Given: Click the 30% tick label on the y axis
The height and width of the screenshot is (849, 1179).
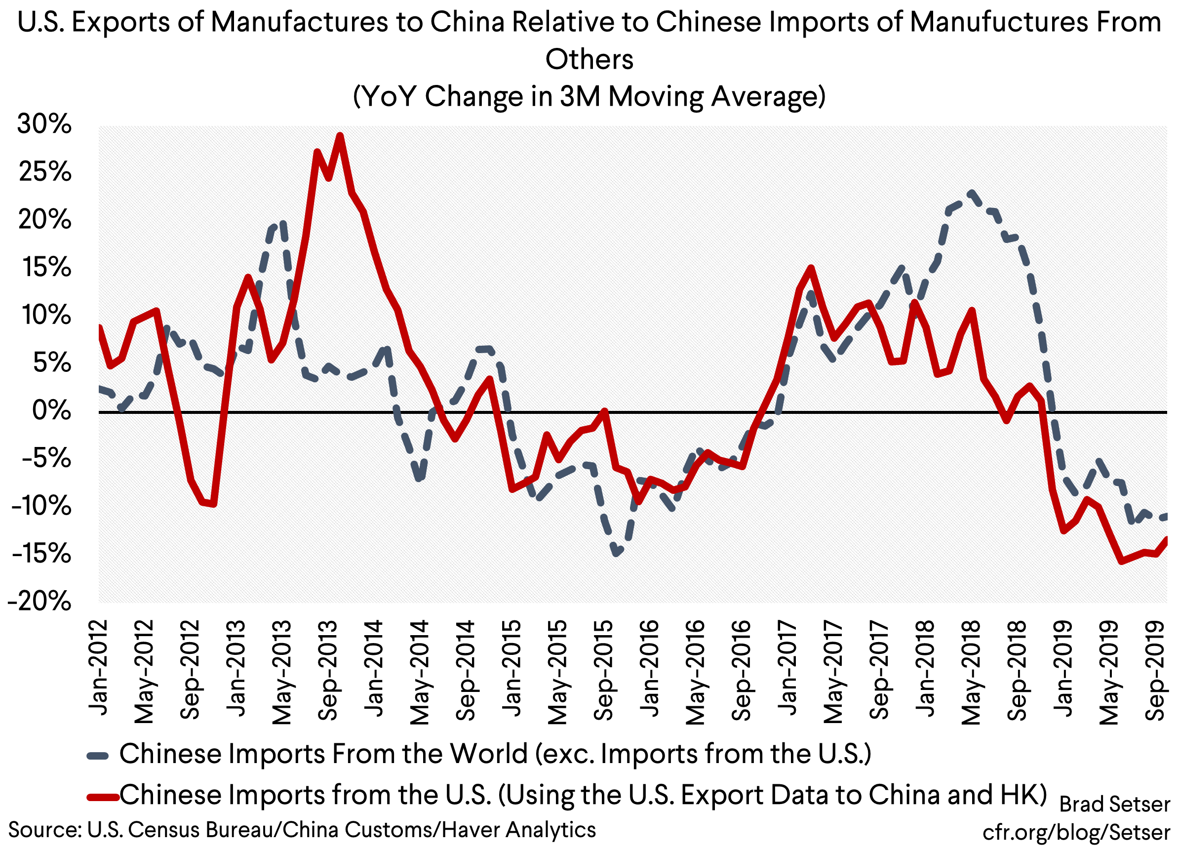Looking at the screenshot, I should pos(43,125).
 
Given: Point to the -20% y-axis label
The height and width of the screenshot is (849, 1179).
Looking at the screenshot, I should pos(39,602).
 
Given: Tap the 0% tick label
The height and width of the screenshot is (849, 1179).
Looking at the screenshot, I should pos(51,411).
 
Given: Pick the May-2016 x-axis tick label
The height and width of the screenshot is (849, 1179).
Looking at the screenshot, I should pos(695,672).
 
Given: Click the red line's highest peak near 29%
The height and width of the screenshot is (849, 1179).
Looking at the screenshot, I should pos(340,136).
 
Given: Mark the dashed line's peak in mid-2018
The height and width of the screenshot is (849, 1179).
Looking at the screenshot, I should pos(971,192).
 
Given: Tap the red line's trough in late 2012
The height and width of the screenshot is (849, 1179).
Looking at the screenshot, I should pos(214,504).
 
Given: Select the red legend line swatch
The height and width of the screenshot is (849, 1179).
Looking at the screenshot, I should pos(103,796).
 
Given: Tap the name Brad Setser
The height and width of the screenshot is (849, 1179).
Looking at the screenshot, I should pos(1114,804).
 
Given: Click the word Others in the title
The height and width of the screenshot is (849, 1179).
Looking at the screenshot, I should pos(589,59).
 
